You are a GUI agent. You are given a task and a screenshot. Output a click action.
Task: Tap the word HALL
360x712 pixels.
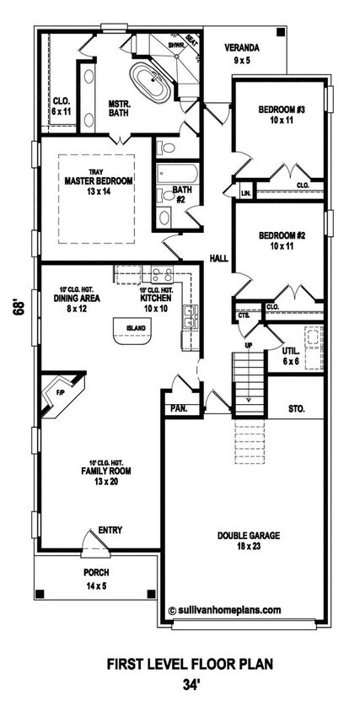point(218,260)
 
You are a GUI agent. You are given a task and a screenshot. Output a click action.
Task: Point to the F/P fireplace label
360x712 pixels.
point(62,392)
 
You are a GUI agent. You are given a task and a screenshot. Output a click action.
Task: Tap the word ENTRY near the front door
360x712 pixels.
point(110,530)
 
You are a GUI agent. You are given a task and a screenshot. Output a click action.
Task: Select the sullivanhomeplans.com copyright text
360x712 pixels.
point(224,607)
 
